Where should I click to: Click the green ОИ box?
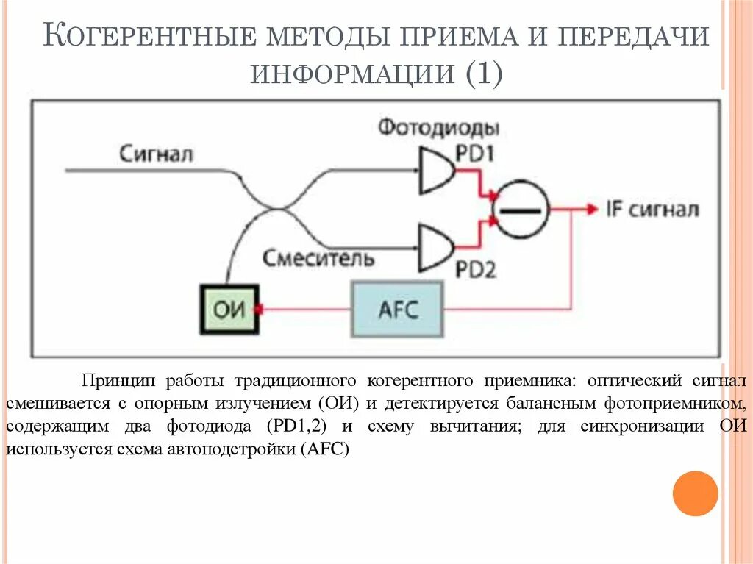(x=229, y=309)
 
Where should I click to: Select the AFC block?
(x=398, y=309)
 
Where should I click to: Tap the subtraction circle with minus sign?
(x=520, y=210)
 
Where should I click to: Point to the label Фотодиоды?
(x=439, y=127)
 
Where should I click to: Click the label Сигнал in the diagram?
(x=156, y=154)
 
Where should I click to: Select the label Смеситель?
(x=318, y=258)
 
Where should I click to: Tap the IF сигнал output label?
(x=652, y=210)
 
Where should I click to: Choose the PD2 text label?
(x=477, y=270)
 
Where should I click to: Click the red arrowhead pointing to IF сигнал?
(x=590, y=210)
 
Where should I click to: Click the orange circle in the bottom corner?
(x=695, y=493)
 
